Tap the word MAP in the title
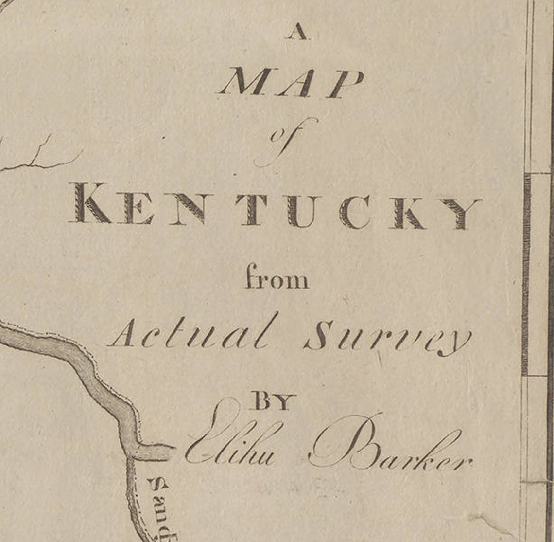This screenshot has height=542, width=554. point(291,83)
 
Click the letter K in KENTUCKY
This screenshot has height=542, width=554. point(90,203)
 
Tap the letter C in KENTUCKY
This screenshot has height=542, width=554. point(354,212)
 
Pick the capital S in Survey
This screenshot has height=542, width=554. point(319,336)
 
